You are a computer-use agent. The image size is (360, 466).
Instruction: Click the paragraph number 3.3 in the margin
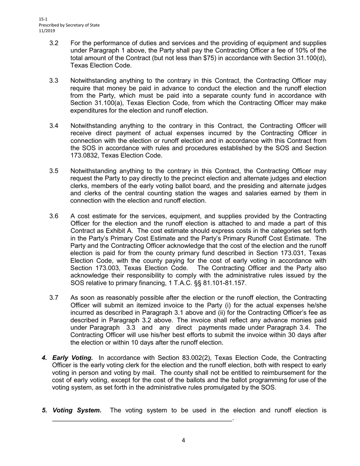pyautogui.click(x=54, y=81)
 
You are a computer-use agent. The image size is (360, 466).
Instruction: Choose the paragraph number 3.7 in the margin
pyautogui.click(x=54, y=298)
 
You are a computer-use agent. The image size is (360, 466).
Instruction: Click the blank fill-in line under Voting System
pyautogui.click(x=142, y=419)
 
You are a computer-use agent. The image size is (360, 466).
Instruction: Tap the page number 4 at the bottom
pyautogui.click(x=183, y=440)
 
